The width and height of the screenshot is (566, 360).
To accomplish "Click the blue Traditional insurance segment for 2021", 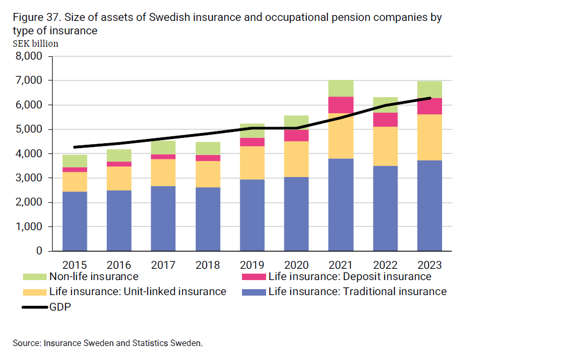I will pyautogui.click(x=340, y=204).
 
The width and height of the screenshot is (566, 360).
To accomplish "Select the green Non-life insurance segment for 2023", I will pyautogui.click(x=429, y=90).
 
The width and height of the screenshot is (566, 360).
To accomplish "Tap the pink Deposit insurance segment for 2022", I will pyautogui.click(x=385, y=120).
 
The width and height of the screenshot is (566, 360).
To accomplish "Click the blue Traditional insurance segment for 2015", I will pyautogui.click(x=75, y=221).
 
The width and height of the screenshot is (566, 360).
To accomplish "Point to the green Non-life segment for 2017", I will pyautogui.click(x=163, y=148).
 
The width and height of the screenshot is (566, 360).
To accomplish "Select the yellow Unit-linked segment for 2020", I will pyautogui.click(x=296, y=159).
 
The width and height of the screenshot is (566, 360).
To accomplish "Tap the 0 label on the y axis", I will pyautogui.click(x=39, y=251).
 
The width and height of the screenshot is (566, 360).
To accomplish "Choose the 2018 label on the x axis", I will pyautogui.click(x=208, y=265).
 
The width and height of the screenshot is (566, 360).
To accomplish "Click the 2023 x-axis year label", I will pyautogui.click(x=429, y=265).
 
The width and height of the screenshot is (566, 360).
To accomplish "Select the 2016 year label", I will pyautogui.click(x=119, y=265).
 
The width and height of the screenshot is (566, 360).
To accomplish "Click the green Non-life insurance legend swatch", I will pyautogui.click(x=34, y=277).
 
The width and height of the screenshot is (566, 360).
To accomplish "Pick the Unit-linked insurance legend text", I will pyautogui.click(x=137, y=291).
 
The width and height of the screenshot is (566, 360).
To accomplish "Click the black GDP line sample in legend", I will pyautogui.click(x=34, y=307).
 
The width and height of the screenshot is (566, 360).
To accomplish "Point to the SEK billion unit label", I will pyautogui.click(x=35, y=43).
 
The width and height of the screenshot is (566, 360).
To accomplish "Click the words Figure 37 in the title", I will pyautogui.click(x=36, y=18).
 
